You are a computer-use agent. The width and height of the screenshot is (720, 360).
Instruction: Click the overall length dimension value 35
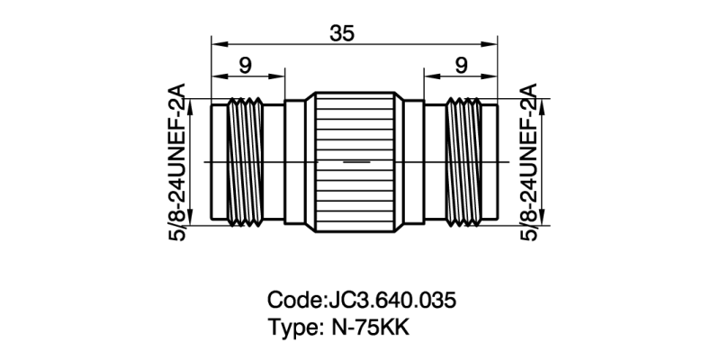click(341, 32)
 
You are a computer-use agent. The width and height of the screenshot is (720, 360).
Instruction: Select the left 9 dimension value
click(244, 64)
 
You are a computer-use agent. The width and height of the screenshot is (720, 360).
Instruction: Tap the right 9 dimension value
click(461, 64)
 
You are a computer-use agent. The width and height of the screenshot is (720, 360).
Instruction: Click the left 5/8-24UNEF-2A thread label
click(177, 162)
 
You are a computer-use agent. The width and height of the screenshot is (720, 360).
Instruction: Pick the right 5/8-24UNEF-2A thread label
click(531, 162)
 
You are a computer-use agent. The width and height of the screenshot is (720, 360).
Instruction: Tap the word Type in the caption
click(291, 328)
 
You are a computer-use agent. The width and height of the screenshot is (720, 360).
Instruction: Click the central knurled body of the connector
click(353, 162)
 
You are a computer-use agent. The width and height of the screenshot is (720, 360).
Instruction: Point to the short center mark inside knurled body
click(356, 162)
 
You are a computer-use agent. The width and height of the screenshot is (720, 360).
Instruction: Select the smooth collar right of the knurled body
click(412, 162)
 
